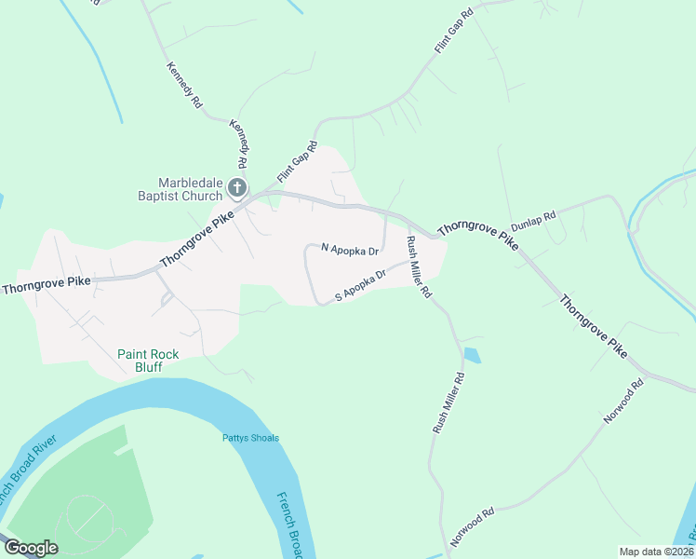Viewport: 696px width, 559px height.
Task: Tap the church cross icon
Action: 237,189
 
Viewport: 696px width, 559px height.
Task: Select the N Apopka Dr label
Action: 350,250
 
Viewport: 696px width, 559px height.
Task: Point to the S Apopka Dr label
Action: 360,285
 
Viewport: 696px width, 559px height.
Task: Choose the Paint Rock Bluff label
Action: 141,361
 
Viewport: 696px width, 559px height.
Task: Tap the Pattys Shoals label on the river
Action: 250,438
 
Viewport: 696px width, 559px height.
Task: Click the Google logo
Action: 31,548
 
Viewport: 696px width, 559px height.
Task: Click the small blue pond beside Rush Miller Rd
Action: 472,355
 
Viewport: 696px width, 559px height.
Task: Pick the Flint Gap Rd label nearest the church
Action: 298,162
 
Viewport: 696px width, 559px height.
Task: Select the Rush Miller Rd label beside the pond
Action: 448,402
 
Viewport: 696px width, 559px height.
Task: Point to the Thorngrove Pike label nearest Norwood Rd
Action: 593,327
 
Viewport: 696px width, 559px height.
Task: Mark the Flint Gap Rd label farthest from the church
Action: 453,30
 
